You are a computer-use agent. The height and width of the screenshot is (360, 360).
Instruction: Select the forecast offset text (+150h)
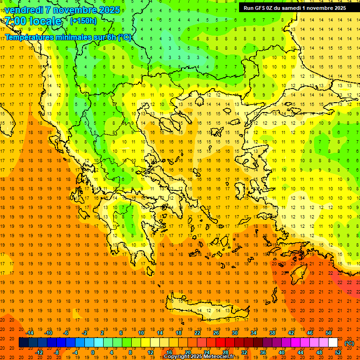click(83, 21)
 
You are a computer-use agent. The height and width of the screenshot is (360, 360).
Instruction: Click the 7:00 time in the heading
click(15, 21)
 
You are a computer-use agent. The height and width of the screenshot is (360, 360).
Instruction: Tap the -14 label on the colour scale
click(30, 333)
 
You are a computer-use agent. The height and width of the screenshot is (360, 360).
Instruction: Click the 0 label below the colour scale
click(92, 352)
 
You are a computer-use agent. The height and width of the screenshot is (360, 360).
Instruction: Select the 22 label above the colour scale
click(197, 333)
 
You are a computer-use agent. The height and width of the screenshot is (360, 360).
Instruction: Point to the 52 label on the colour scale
click(338, 352)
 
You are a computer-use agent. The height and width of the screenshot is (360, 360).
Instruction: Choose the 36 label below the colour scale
click(263, 352)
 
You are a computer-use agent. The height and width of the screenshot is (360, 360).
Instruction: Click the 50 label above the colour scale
click(329, 333)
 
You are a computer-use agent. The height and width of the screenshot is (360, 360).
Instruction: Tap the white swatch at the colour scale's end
click(333, 343)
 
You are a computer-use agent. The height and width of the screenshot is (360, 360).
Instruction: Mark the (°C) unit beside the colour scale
click(349, 343)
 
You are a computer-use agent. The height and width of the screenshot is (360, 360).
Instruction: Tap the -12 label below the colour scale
click(39, 352)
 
